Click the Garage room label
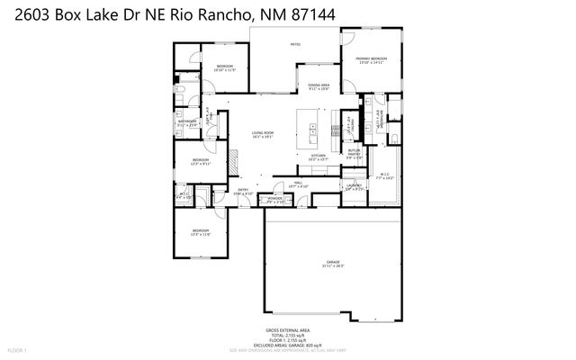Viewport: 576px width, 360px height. [x=333, y=264]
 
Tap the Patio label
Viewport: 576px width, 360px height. [x=294, y=43]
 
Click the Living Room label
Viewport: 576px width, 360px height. [x=262, y=135]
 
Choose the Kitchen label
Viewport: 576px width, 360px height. [x=318, y=157]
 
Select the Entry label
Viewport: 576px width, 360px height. [x=243, y=190]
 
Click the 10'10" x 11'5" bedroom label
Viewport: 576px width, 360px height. [x=225, y=67]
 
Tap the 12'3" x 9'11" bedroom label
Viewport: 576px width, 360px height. [x=200, y=162]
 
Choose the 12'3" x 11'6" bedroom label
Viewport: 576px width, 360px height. [x=200, y=233]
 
